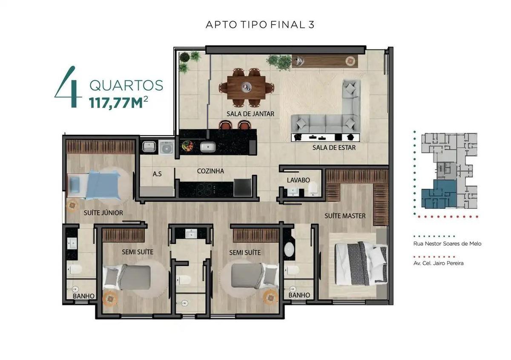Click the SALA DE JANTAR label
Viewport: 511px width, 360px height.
click(x=250, y=114)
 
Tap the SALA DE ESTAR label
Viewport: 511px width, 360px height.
click(x=334, y=148)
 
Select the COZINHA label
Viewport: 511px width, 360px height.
click(x=210, y=171)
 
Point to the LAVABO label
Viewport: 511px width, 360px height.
click(x=298, y=180)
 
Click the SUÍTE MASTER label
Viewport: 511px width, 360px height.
click(x=345, y=216)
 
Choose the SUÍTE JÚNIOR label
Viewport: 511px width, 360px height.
click(x=103, y=213)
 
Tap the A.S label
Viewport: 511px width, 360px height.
click(x=157, y=174)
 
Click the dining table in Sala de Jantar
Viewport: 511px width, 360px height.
click(x=247, y=88)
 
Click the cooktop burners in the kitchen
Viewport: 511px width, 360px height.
click(x=204, y=190)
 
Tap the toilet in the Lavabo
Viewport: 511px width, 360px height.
click(x=314, y=189)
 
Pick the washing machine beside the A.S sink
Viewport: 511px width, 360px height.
click(x=167, y=148)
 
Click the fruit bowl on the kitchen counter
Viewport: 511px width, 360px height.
click(x=187, y=146)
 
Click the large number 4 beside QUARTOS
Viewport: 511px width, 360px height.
click(x=68, y=87)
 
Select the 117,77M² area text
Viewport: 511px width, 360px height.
click(x=119, y=102)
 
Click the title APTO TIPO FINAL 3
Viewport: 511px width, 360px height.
click(x=260, y=25)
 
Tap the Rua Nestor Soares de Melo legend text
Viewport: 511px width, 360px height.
click(x=448, y=244)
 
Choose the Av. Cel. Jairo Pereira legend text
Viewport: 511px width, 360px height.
click(x=439, y=263)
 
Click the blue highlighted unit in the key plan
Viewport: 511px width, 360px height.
click(x=439, y=194)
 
